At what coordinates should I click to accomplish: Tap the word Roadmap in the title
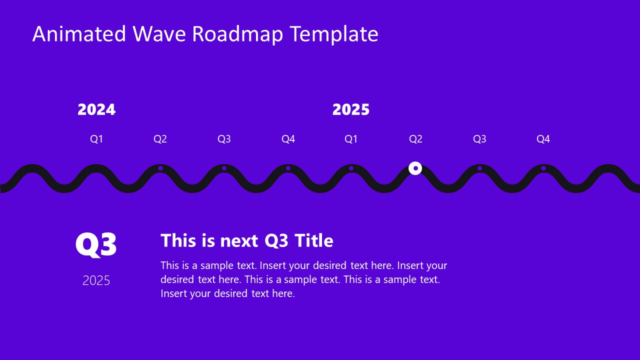[x=237, y=34]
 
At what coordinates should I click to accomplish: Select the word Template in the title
[x=334, y=34]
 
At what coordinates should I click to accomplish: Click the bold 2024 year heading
[x=96, y=109]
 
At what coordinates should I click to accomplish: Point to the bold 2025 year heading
[x=351, y=109]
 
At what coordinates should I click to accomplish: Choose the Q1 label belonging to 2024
[x=96, y=139]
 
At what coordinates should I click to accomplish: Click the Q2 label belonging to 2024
[x=160, y=139]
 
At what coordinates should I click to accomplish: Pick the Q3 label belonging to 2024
[x=224, y=139]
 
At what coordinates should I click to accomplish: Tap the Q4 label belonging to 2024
[x=288, y=139]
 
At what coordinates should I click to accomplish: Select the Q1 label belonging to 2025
[x=351, y=139]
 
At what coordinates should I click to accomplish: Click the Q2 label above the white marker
[x=415, y=139]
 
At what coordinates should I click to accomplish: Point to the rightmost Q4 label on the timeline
[x=543, y=139]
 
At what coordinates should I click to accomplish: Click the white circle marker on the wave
[x=415, y=168]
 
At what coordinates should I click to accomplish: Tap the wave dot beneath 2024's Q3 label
[x=224, y=168]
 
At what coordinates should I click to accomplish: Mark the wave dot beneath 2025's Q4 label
[x=543, y=168]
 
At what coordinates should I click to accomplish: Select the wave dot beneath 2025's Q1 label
[x=351, y=168]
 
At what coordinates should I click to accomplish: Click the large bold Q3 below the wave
[x=96, y=245]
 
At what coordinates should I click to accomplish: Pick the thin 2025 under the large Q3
[x=96, y=280]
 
